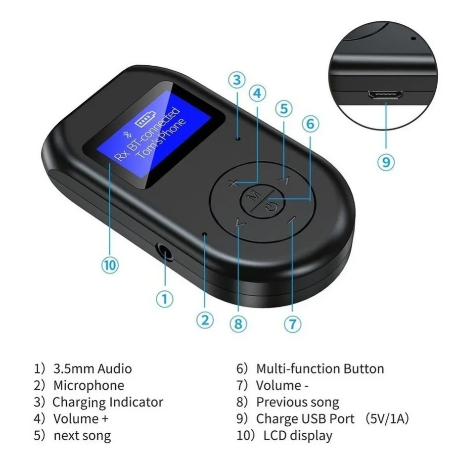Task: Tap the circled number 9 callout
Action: tap(386, 162)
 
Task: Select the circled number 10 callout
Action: tap(110, 265)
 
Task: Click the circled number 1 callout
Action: tap(165, 298)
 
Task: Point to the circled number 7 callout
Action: tap(292, 324)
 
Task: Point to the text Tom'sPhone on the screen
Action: tap(161, 139)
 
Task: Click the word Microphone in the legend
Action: tap(89, 385)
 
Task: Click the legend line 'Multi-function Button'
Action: tap(319, 368)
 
